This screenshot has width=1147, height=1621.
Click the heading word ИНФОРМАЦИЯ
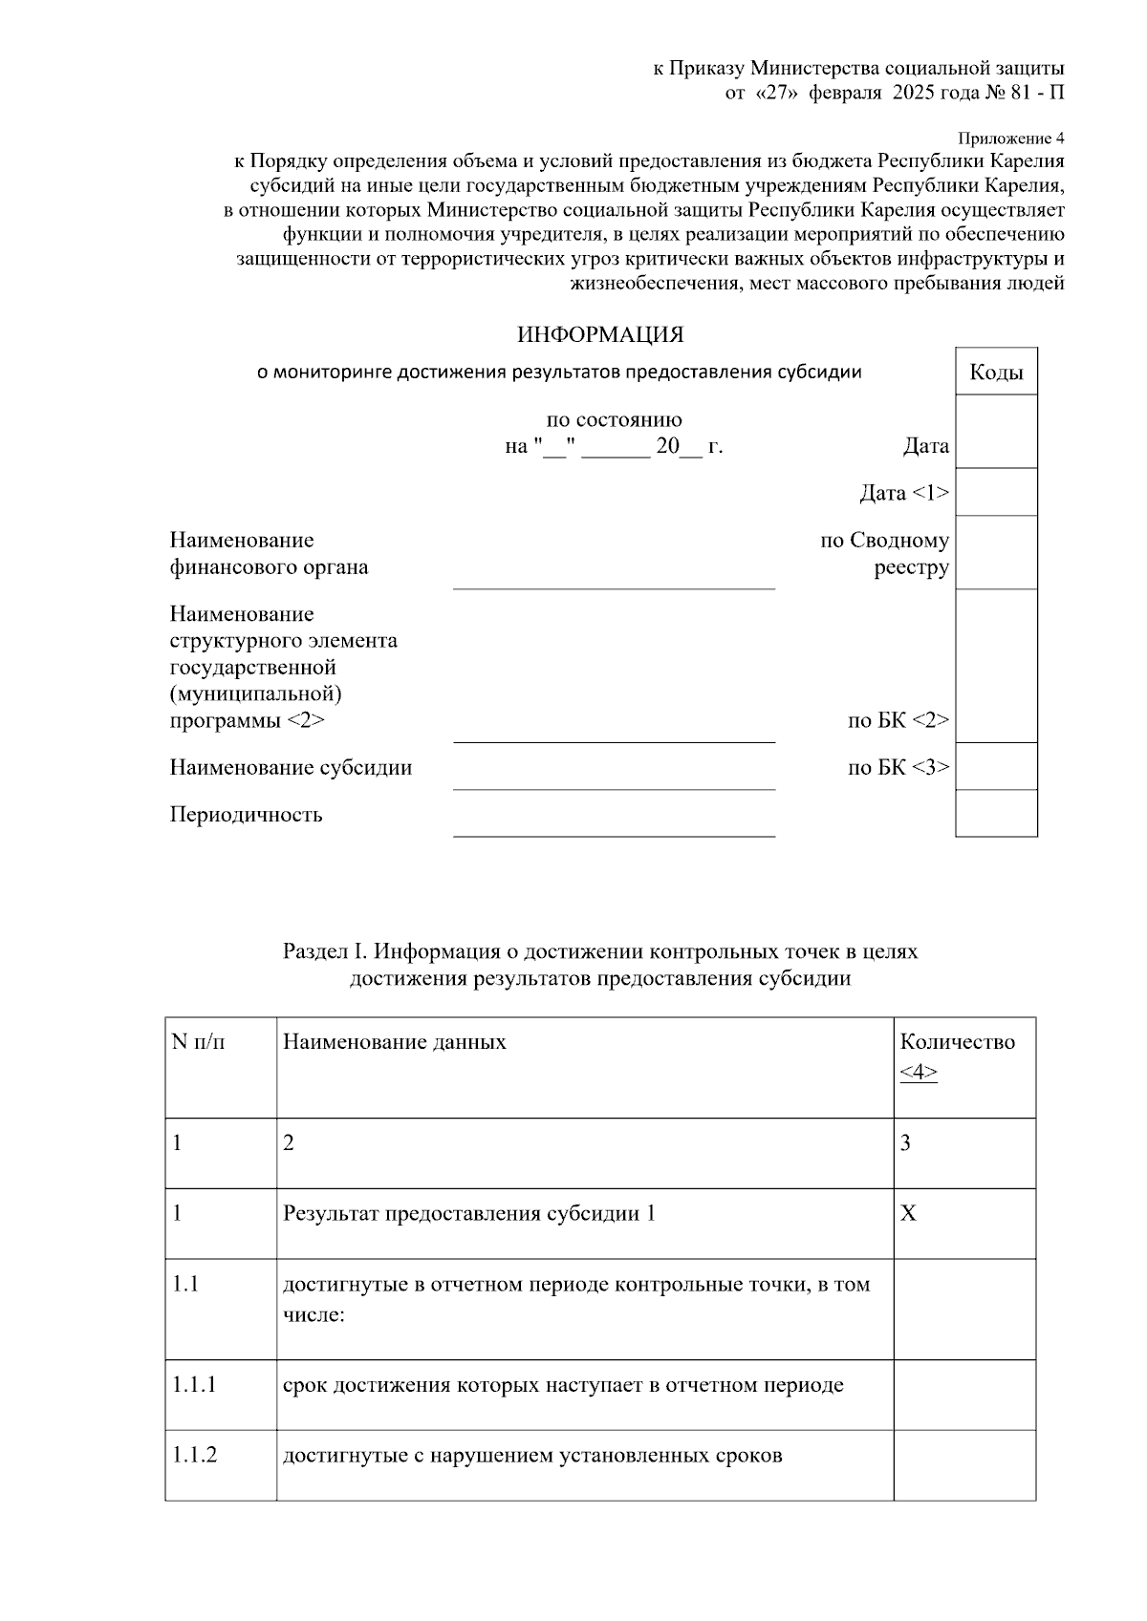[x=600, y=335]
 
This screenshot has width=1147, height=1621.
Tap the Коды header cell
[x=996, y=373]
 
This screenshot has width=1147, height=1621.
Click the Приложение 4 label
[x=1010, y=139]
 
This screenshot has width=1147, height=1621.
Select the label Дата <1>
[x=903, y=493]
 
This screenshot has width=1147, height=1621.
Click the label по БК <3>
[x=898, y=767]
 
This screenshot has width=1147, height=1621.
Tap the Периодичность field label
[x=247, y=815]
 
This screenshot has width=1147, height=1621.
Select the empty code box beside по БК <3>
[x=996, y=766]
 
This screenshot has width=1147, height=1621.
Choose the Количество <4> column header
[x=958, y=1056]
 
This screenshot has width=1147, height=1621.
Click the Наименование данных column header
[x=395, y=1041]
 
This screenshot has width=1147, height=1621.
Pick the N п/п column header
[x=199, y=1041]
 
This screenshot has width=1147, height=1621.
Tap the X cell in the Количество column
[x=908, y=1214]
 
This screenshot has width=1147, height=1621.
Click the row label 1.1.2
[x=195, y=1456]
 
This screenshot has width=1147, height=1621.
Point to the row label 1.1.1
[x=195, y=1385]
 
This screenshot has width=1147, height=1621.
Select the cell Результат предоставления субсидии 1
[x=469, y=1214]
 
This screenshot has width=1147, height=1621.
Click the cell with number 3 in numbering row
[x=905, y=1143]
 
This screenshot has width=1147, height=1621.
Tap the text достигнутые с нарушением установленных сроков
[x=532, y=1456]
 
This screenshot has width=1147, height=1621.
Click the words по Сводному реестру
[x=885, y=554]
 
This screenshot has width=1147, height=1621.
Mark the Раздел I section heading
[x=600, y=965]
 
